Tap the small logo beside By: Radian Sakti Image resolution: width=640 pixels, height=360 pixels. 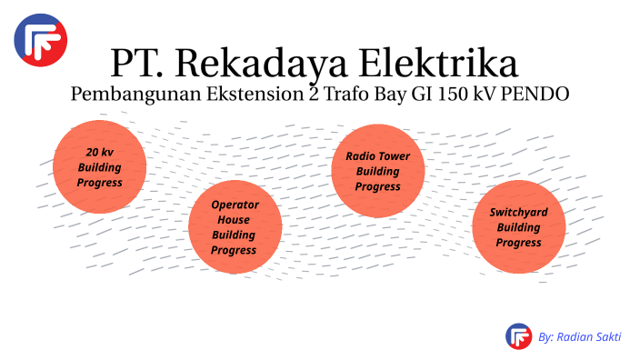(518, 336)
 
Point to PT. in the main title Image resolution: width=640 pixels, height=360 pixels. (137, 64)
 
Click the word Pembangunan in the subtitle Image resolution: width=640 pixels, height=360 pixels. (128, 95)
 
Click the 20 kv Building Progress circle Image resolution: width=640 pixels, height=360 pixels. (100, 167)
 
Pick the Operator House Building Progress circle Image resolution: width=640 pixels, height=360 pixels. (235, 227)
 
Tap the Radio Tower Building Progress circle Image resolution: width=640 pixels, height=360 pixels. (377, 171)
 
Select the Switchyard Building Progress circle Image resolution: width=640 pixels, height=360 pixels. (519, 227)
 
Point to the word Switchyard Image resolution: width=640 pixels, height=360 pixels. (519, 212)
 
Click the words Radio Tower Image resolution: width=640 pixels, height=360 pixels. (377, 155)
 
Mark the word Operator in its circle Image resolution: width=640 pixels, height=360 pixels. (235, 205)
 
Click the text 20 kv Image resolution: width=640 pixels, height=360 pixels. (100, 152)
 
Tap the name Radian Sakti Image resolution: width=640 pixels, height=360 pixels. (591, 336)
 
